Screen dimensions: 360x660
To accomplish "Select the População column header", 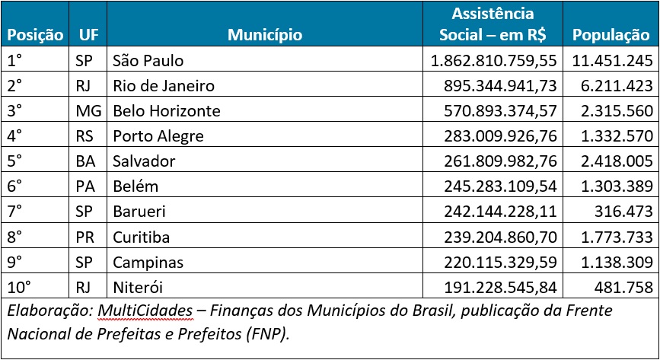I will click(611, 35).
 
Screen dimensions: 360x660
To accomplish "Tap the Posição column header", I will click(35, 35).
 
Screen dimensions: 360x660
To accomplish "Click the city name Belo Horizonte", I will click(167, 111).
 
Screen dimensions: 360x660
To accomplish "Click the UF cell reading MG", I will click(88, 111).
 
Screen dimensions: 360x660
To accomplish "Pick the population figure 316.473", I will click(625, 212).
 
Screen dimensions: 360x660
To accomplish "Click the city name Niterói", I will click(138, 287).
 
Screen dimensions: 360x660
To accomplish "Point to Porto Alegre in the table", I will click(158, 136).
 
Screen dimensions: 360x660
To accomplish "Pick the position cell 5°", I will click(16, 161).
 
